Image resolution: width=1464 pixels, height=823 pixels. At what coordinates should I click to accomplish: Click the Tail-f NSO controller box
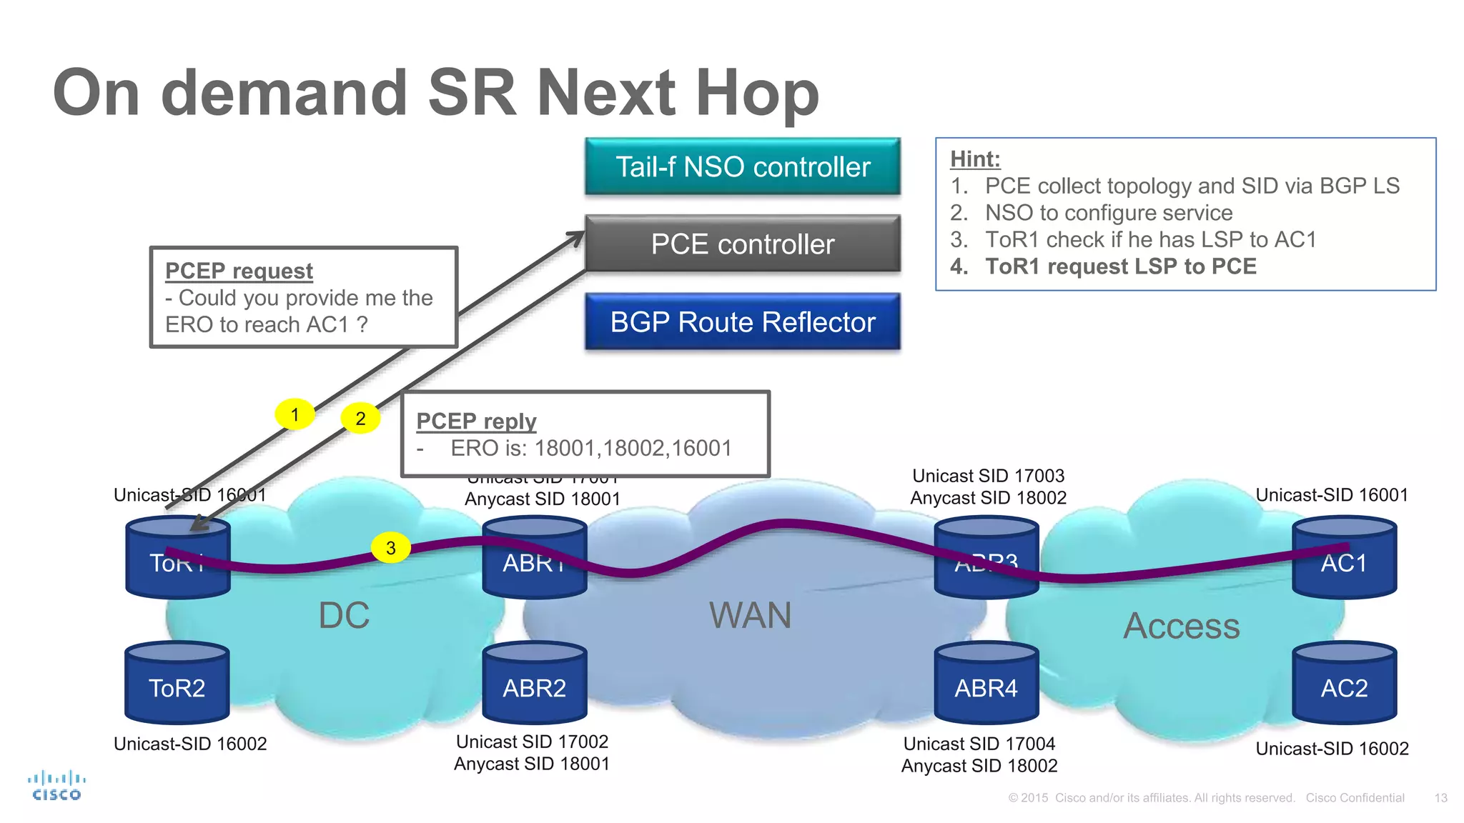[x=742, y=166]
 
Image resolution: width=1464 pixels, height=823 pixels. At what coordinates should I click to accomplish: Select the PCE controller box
[x=742, y=244]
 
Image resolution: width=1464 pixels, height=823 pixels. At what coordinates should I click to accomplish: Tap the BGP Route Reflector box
[x=742, y=321]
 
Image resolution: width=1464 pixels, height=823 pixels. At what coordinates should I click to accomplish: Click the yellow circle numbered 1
[x=295, y=414]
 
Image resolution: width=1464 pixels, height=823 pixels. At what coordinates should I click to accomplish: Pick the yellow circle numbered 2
[x=360, y=419]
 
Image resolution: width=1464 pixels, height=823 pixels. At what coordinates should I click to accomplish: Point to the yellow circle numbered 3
[x=390, y=548]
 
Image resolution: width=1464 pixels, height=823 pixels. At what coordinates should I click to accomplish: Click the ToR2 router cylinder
[x=177, y=684]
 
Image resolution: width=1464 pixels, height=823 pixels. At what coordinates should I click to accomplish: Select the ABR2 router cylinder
[x=534, y=684]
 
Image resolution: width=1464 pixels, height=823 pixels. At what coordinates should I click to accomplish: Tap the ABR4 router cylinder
[x=986, y=684]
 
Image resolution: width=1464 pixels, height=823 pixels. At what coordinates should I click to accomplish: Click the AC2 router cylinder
[x=1344, y=684]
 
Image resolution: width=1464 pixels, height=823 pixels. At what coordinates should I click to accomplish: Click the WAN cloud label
[x=750, y=615]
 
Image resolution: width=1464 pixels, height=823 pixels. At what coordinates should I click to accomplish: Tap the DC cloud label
[x=344, y=615]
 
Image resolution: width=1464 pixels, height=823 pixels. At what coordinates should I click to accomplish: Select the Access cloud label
[x=1181, y=627]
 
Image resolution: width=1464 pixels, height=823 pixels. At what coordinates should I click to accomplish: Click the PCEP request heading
[x=239, y=271]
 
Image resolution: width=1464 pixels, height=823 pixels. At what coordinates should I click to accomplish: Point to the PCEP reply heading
[x=476, y=422]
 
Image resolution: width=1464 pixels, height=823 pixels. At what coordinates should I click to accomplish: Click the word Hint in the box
[x=974, y=159]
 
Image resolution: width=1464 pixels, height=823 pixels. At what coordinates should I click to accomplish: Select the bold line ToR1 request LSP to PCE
[x=1120, y=266]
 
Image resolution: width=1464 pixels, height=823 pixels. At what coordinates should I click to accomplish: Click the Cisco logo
[x=56, y=786]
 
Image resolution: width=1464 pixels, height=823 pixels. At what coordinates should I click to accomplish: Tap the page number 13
[x=1440, y=798]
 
